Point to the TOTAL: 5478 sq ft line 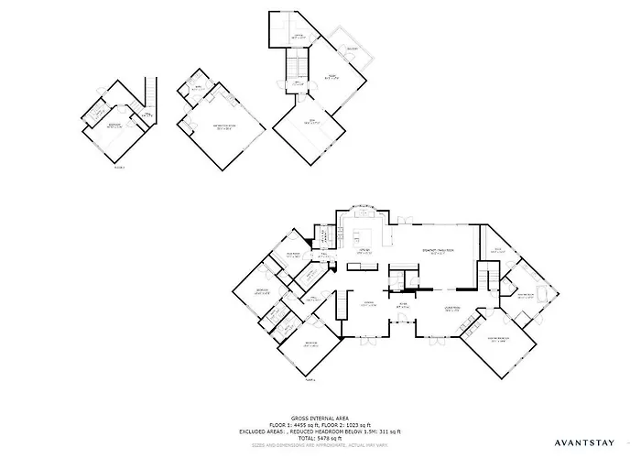pos(320,440)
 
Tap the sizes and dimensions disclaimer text pos(320,447)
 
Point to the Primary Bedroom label pos(498,339)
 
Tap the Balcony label pos(351,49)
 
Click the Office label pos(298,37)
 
